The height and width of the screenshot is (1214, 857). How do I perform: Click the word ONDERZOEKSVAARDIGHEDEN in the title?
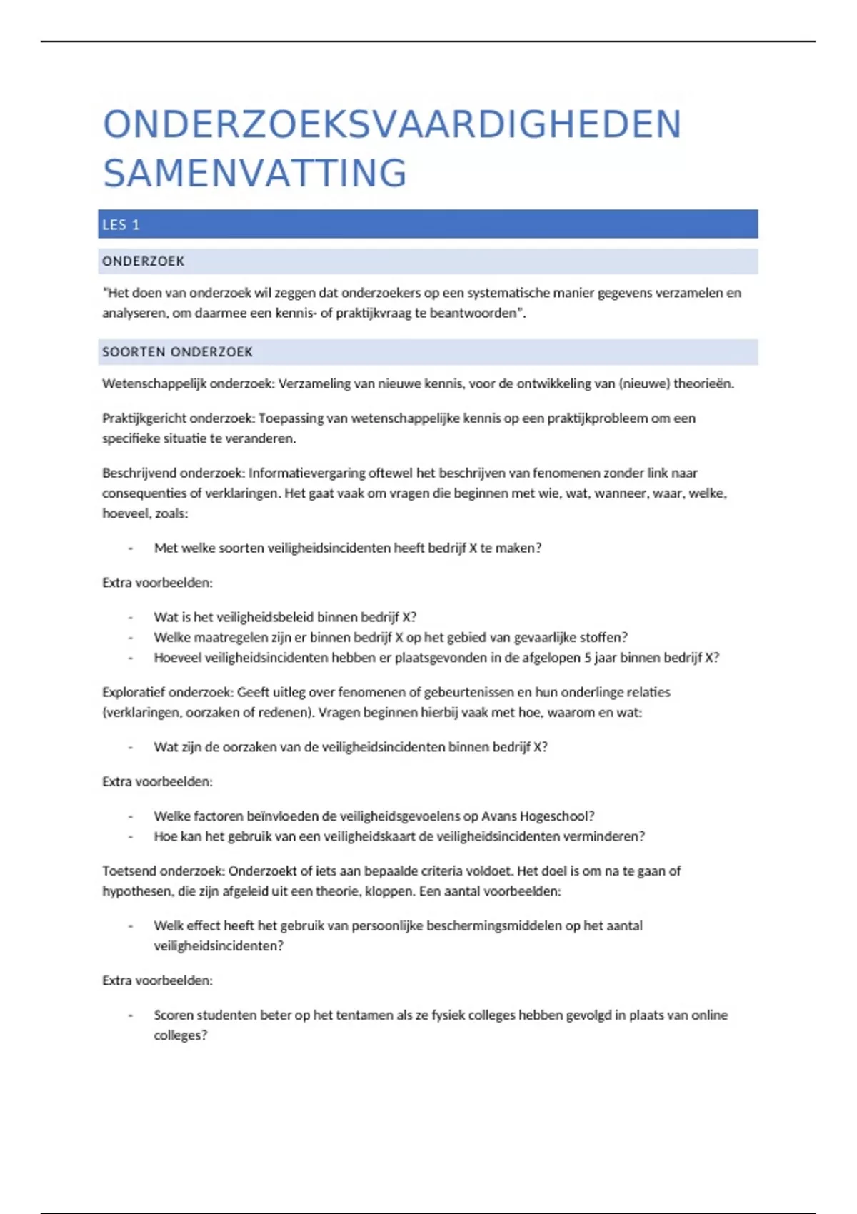coord(392,124)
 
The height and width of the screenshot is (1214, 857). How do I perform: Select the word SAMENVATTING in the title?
coord(255,174)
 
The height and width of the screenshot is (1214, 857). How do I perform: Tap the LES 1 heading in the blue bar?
coord(121,225)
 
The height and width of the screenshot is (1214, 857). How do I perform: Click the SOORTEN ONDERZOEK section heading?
coord(177,352)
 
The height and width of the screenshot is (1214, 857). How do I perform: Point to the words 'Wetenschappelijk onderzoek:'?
coord(188,383)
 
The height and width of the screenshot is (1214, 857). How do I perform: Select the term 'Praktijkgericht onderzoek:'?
coord(178,418)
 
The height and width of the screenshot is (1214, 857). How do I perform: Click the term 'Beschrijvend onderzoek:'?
coord(173,473)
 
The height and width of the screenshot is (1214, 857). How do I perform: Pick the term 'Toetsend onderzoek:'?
coord(163,871)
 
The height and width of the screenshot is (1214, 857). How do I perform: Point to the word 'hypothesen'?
coord(136,892)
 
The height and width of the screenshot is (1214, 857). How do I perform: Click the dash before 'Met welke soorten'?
coord(130,548)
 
